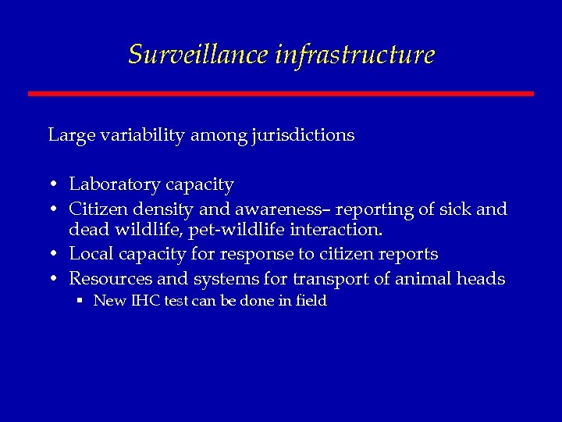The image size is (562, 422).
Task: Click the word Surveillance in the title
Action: [x=198, y=55]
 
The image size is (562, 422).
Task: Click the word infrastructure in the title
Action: [x=354, y=55]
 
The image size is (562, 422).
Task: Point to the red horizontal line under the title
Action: [x=281, y=94]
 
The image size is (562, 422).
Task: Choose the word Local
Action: [x=88, y=255]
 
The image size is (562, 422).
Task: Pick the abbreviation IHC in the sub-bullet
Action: [x=141, y=301]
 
